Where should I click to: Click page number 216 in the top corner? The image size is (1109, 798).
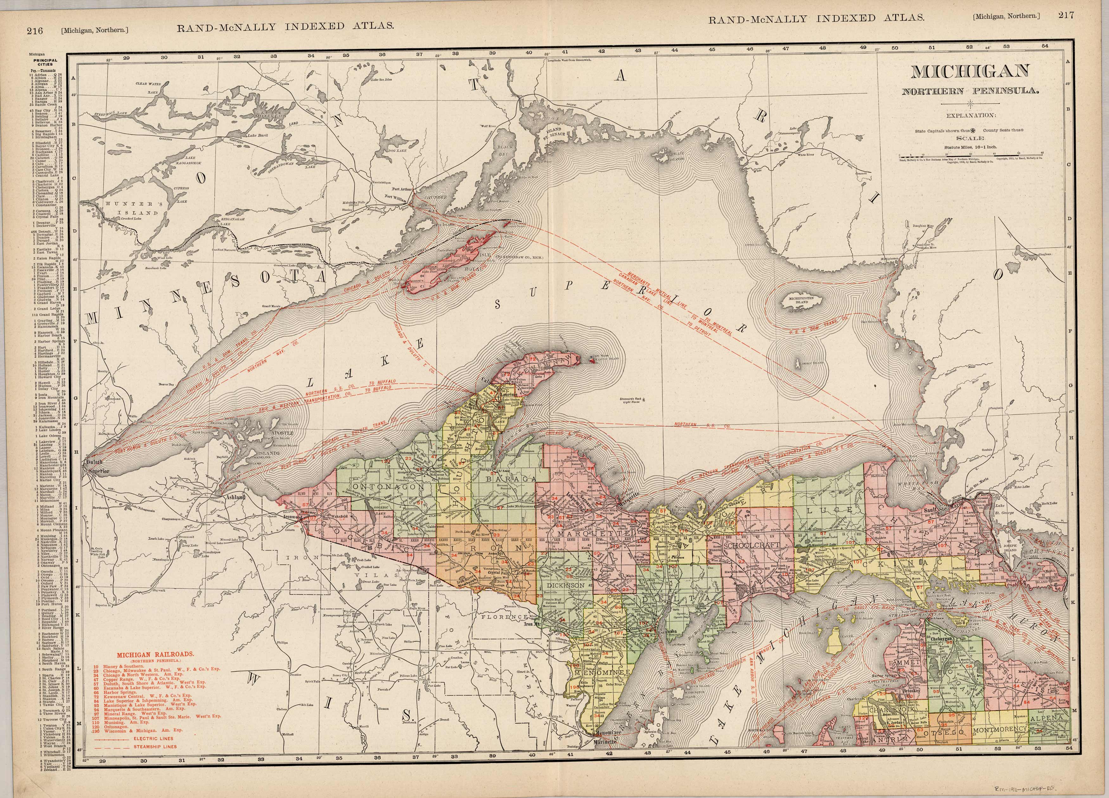coord(35,30)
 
